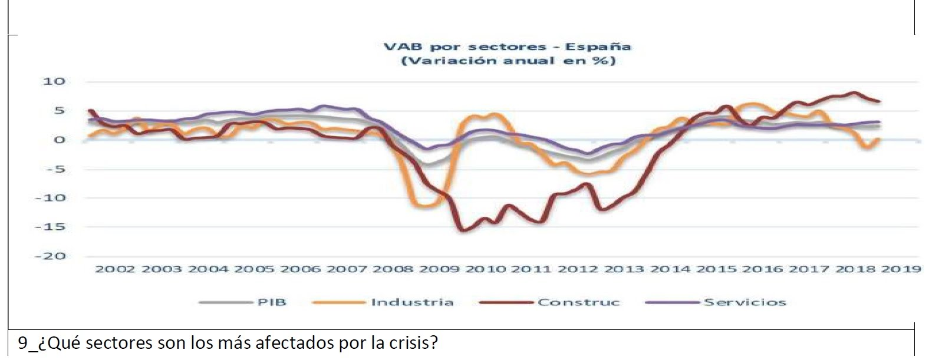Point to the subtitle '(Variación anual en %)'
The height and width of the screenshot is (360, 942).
508,61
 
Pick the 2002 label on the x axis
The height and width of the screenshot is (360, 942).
116,269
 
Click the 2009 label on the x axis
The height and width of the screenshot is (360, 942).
440,269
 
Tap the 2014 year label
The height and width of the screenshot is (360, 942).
671,269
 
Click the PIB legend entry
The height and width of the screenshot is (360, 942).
271,302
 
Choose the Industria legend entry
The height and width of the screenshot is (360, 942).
412,302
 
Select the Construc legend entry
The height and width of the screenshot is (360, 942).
578,302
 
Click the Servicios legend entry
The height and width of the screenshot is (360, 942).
745,302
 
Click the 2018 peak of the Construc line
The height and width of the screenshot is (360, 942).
853,93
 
